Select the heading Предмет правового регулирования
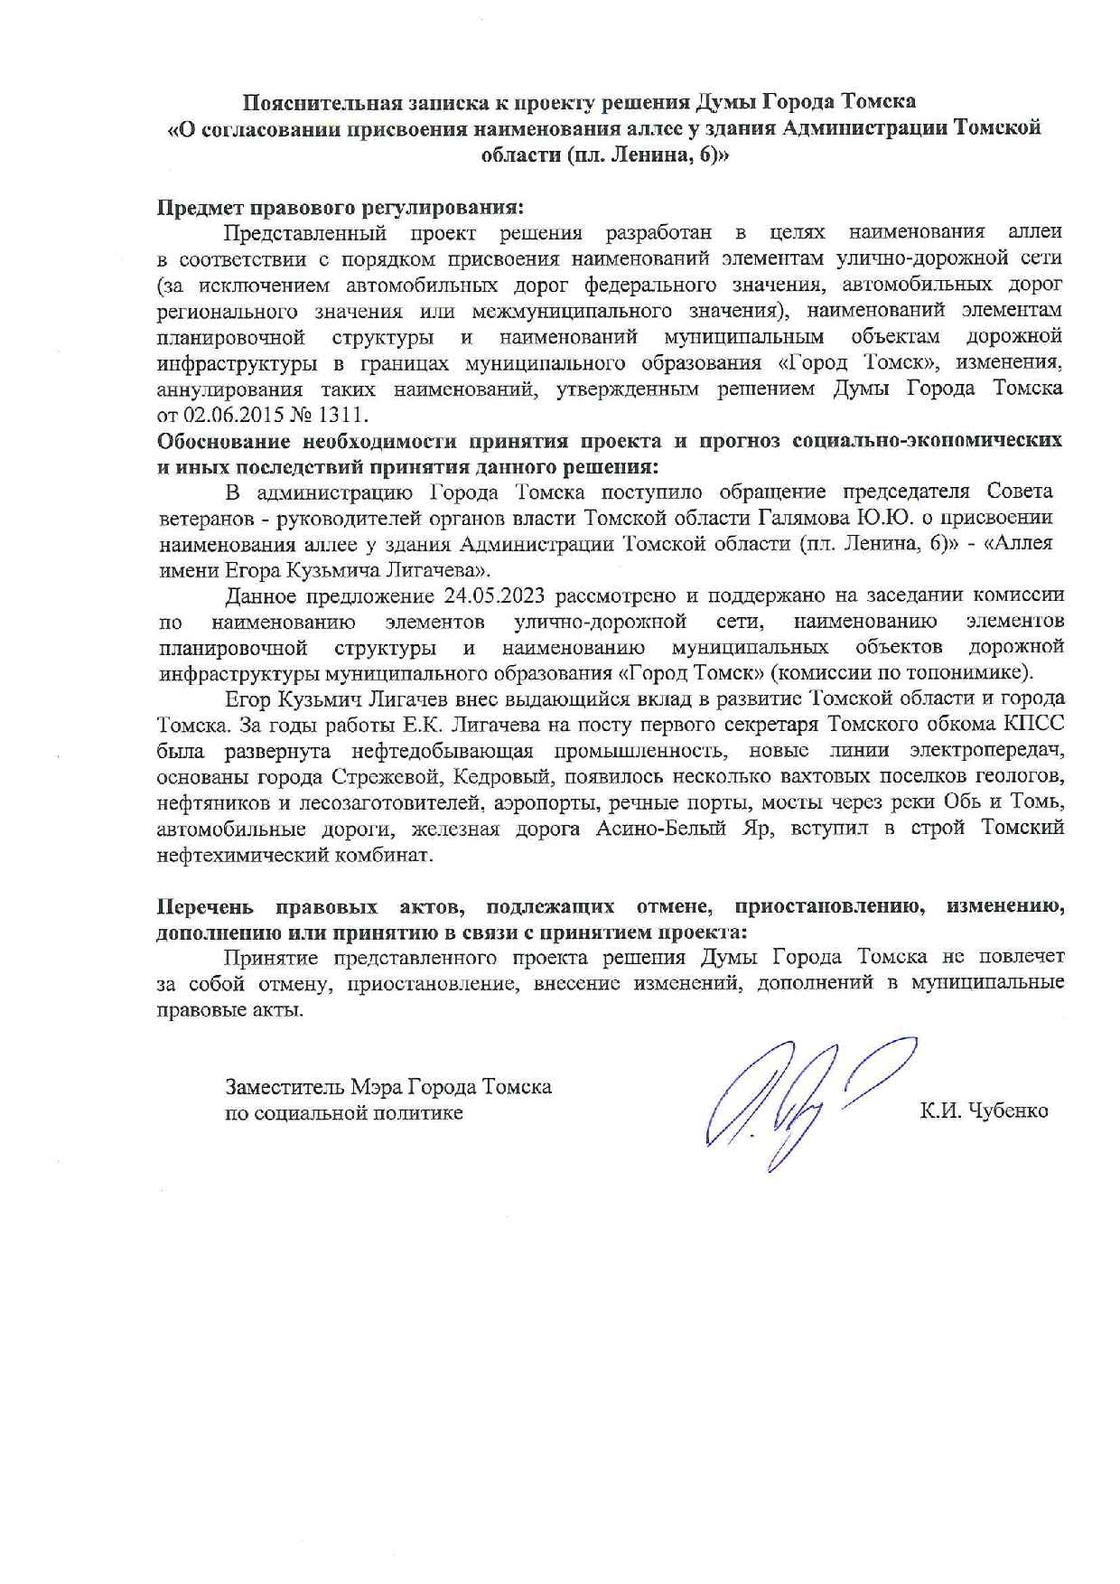[340, 208]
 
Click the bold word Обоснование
[223, 441]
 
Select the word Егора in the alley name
[248, 570]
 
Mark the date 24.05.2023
[496, 595]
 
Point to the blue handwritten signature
[795, 1102]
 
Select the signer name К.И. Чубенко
[984, 1111]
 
